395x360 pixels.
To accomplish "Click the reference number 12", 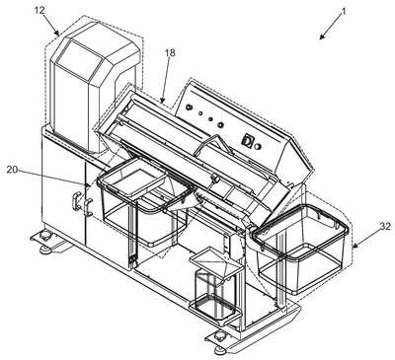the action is tap(39, 11).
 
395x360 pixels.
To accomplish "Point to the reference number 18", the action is tap(171, 53).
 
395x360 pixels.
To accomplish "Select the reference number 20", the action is tap(12, 170).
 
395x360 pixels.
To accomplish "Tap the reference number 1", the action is tap(344, 12).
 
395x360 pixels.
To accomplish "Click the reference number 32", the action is tap(385, 227).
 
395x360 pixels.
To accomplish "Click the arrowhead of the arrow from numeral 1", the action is tap(322, 36).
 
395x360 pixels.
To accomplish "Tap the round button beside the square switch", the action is tap(258, 146).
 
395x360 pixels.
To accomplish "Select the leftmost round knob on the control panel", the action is tap(189, 108).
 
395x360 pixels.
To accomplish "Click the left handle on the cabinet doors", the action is tap(75, 202).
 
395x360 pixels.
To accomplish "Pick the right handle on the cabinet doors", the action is tap(88, 207).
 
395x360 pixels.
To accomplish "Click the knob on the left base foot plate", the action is tap(45, 236).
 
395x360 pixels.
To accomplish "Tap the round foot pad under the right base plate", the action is tap(219, 349).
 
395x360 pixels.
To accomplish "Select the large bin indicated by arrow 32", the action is tap(300, 247).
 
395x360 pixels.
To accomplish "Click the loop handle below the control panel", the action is tap(212, 145).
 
